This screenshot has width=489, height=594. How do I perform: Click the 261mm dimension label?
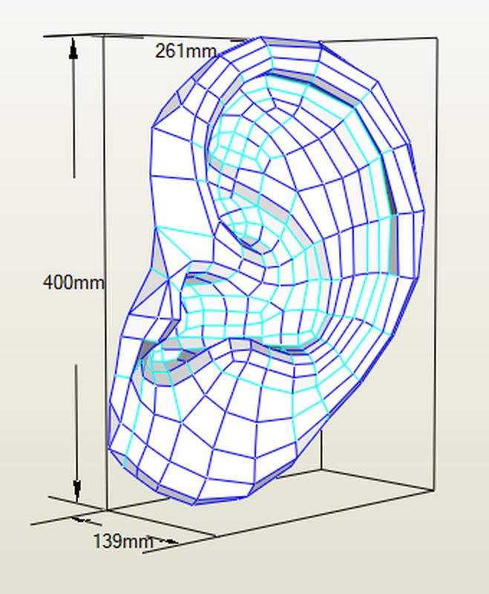186,51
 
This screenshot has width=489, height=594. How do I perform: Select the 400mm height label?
73,282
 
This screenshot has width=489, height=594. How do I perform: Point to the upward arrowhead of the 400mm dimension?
73,50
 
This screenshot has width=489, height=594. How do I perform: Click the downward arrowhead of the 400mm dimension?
76,490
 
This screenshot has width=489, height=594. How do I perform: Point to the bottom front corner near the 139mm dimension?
107,510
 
